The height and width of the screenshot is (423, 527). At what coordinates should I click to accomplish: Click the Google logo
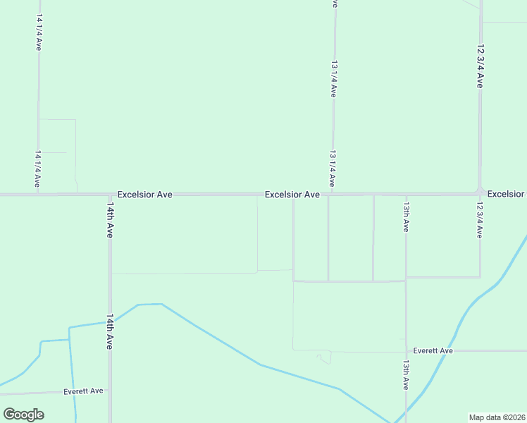click(24, 414)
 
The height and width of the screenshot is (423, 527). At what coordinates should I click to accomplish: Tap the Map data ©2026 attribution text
click(497, 417)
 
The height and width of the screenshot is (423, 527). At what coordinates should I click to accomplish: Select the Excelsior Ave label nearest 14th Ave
click(145, 194)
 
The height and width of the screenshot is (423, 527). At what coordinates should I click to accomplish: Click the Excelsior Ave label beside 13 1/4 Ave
click(292, 194)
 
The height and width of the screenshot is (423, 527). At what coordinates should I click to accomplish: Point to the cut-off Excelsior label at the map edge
click(506, 194)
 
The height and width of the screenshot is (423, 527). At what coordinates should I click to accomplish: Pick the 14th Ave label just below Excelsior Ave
click(110, 221)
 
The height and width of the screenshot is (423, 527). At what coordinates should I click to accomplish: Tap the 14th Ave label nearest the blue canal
click(110, 333)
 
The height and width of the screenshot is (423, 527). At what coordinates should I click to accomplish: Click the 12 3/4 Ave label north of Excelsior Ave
click(480, 66)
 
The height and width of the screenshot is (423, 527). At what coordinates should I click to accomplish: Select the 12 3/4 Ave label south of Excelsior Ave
click(480, 221)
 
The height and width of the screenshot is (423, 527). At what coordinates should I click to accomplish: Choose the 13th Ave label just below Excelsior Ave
click(406, 218)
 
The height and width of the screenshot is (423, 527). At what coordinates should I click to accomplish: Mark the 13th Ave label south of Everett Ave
click(406, 375)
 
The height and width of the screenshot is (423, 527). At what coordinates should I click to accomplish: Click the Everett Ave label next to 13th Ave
click(433, 350)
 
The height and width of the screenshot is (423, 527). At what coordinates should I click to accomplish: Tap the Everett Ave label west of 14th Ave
click(83, 391)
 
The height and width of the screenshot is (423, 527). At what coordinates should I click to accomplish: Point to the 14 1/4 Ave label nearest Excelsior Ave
click(38, 170)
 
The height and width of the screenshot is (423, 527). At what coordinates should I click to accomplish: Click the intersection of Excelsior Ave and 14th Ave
click(110, 194)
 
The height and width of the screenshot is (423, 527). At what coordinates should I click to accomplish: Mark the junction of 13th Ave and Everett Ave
click(406, 350)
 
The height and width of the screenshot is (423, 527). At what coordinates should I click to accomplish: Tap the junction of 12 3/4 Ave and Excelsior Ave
click(480, 192)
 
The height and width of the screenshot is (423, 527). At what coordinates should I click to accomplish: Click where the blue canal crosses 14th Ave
click(110, 321)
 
